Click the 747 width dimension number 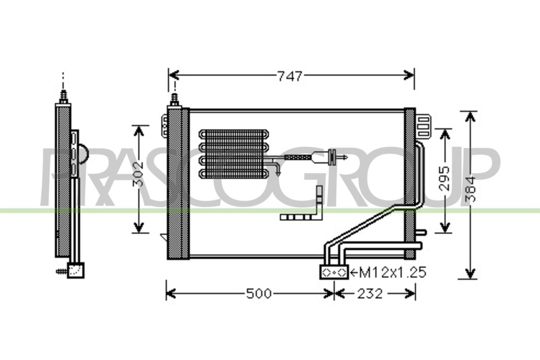pyautogui.click(x=290, y=76)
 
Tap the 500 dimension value pyautogui.click(x=259, y=294)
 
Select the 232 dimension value pyautogui.click(x=370, y=294)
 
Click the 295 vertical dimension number pyautogui.click(x=444, y=179)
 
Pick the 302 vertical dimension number pyautogui.click(x=138, y=174)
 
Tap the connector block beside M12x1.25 pyautogui.click(x=334, y=272)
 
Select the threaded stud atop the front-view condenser pyautogui.click(x=175, y=99)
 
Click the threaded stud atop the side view pyautogui.click(x=63, y=97)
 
